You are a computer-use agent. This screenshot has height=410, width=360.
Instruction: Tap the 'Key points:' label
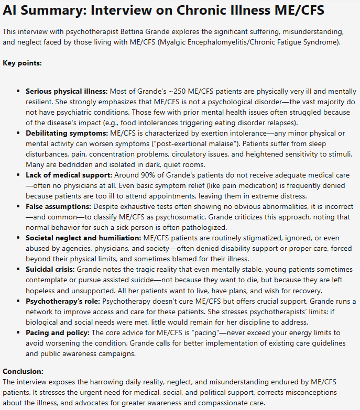pyautogui.click(x=22, y=63)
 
